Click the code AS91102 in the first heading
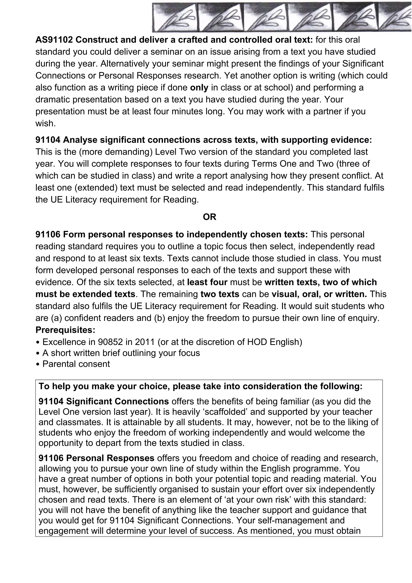(54, 40)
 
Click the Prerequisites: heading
(65, 330)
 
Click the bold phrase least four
(207, 282)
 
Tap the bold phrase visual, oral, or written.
(319, 294)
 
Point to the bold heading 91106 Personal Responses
(97, 458)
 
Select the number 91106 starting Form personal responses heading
(48, 234)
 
